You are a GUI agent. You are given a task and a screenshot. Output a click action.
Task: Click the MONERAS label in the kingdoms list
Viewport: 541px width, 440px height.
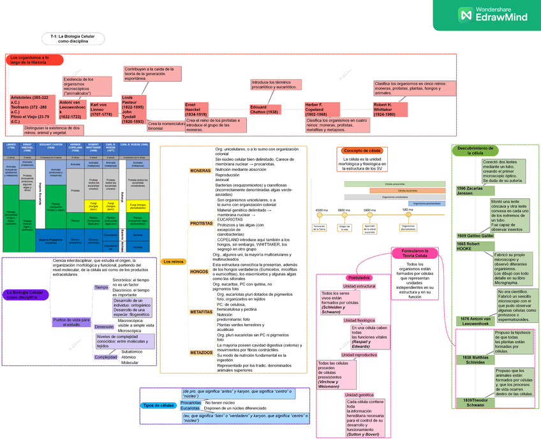click(x=200, y=171)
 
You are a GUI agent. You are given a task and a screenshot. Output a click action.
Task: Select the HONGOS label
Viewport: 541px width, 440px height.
click(x=198, y=272)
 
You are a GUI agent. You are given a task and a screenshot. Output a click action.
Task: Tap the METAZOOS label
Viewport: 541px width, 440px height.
click(x=201, y=352)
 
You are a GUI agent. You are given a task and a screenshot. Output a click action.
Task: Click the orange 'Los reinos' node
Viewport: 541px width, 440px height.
click(x=173, y=261)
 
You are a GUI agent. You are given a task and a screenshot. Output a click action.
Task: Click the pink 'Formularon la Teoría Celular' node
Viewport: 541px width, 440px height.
click(x=415, y=253)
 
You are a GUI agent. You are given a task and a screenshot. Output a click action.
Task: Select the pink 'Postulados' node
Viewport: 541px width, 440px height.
click(x=359, y=277)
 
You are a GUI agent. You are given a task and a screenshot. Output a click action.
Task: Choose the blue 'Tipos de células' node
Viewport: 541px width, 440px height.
click(x=159, y=406)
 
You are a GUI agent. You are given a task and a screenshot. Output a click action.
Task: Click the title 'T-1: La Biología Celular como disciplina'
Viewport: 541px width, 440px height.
click(x=72, y=38)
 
